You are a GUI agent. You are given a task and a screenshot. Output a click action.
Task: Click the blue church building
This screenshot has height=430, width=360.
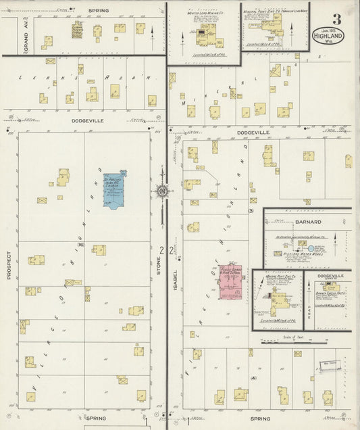113,190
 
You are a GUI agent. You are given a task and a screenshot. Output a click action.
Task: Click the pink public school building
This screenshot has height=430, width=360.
230,281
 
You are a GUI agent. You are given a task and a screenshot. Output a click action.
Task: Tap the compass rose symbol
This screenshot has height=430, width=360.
162,192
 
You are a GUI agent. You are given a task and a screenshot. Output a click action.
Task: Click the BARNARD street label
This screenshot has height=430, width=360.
307,221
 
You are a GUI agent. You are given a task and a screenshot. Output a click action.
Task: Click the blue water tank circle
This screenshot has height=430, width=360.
311,248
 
